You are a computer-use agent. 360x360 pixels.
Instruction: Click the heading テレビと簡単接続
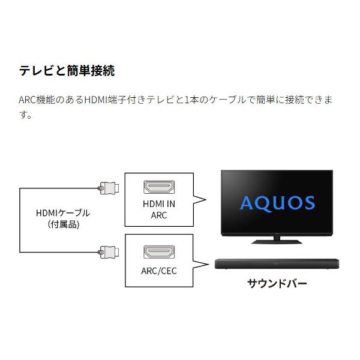[67, 70]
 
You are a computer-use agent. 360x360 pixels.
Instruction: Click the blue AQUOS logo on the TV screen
[277, 203]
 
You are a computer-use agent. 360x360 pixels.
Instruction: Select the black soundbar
[277, 264]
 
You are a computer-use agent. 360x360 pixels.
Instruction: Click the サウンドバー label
[277, 284]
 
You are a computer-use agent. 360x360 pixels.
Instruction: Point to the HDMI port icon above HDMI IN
[159, 187]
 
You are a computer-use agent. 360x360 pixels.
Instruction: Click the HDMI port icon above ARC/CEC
[159, 252]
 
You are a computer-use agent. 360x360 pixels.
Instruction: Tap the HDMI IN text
[159, 204]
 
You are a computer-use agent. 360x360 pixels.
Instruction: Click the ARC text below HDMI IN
[159, 215]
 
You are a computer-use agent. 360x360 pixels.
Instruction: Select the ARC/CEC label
[159, 271]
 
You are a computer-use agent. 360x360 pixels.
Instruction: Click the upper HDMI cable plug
[109, 188]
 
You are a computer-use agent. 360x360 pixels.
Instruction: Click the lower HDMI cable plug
[109, 252]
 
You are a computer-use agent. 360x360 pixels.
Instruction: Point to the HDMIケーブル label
[63, 213]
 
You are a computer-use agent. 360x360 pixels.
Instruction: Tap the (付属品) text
[64, 224]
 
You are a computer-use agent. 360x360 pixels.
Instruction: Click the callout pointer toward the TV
[199, 200]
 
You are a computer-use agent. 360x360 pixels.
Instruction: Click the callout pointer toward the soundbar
[200, 264]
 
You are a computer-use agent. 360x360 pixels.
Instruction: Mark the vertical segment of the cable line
[20, 220]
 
